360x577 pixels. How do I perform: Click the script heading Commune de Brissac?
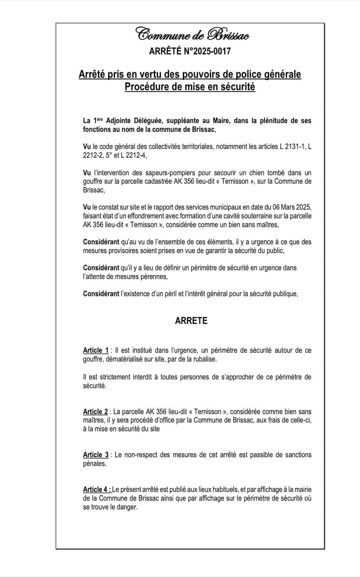(x=192, y=34)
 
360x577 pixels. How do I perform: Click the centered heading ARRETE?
(x=191, y=321)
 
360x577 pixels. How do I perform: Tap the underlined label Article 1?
(x=96, y=350)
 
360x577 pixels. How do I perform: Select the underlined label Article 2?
(x=95, y=412)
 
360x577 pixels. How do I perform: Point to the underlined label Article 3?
(x=96, y=455)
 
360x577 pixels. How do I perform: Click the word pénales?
(x=94, y=464)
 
